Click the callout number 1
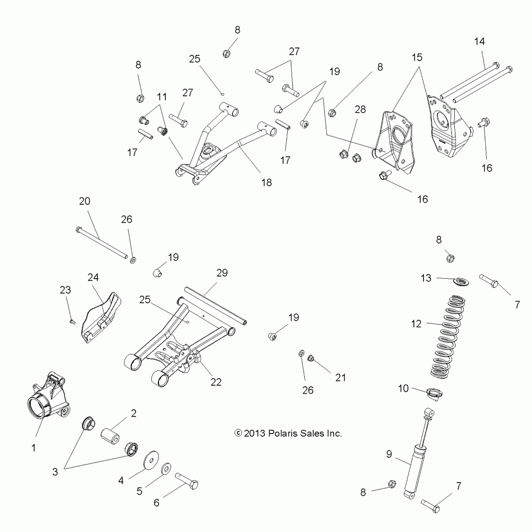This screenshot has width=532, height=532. pyautogui.click(x=34, y=448)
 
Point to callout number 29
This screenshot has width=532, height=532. pyautogui.click(x=222, y=273)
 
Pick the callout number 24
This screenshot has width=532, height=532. pyautogui.click(x=94, y=278)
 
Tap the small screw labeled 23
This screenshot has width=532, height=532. pyautogui.click(x=73, y=321)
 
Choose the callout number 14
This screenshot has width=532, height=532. pyautogui.click(x=480, y=41)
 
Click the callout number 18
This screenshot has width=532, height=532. pyautogui.click(x=267, y=182)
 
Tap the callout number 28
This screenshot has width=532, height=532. pyautogui.click(x=360, y=110)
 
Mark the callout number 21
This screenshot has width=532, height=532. pyautogui.click(x=340, y=378)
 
